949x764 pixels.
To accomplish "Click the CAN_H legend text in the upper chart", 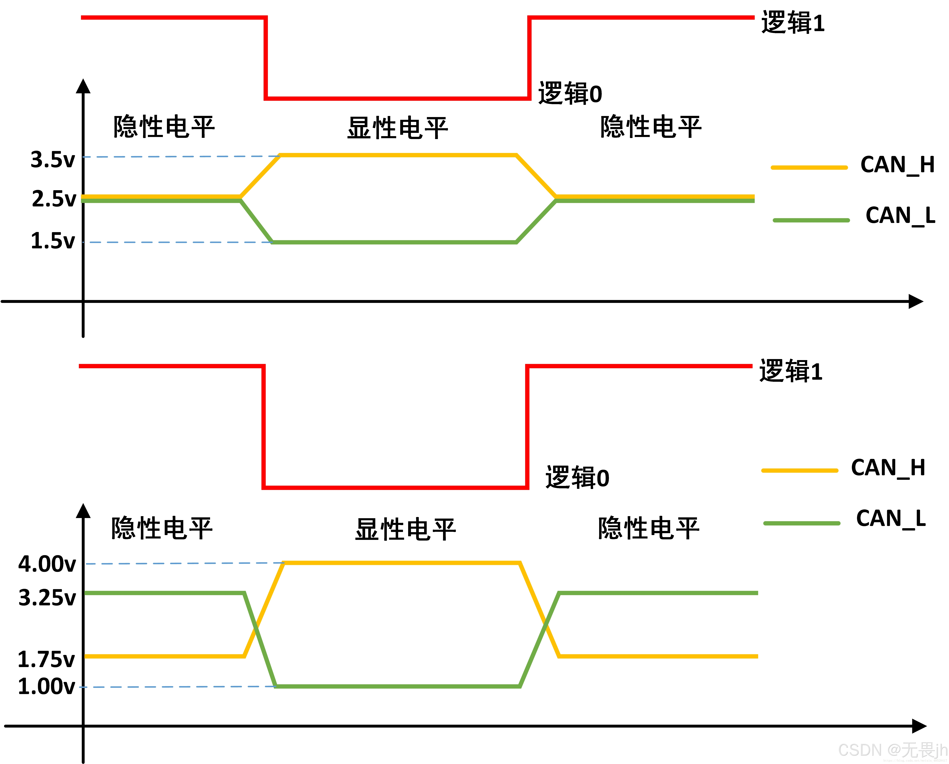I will pos(897,165).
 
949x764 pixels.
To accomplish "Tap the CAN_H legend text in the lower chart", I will pos(888,468).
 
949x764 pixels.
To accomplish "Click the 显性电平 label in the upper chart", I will pos(397,128).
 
